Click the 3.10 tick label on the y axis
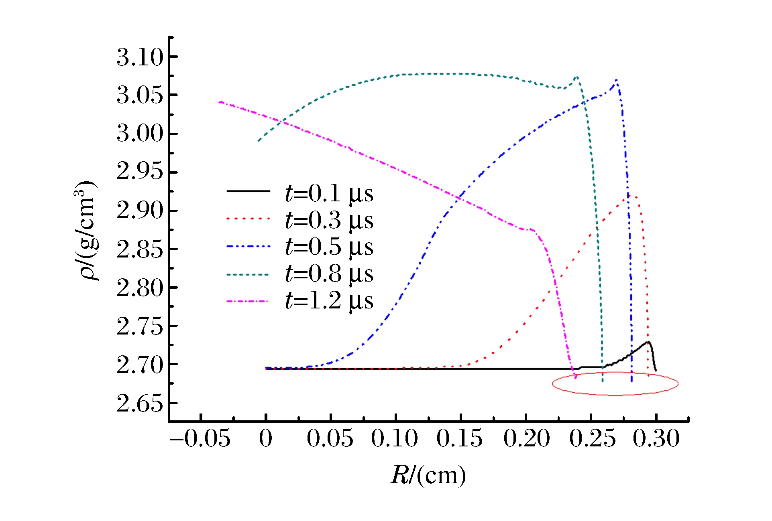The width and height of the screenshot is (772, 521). pyautogui.click(x=140, y=57)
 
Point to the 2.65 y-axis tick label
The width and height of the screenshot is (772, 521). pyautogui.click(x=140, y=403)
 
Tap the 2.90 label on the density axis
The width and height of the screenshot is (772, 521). pyautogui.click(x=140, y=211)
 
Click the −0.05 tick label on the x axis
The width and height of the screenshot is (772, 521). pyautogui.click(x=200, y=438)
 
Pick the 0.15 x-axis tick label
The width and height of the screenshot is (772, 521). pyautogui.click(x=460, y=438)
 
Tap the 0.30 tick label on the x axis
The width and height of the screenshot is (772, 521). pyautogui.click(x=656, y=438)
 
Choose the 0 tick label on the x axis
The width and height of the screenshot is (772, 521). pyautogui.click(x=266, y=438)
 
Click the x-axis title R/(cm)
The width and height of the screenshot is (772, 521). pyautogui.click(x=428, y=476)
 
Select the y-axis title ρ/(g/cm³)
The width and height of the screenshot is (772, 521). pyautogui.click(x=86, y=230)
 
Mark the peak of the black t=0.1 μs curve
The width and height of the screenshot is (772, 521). pyautogui.click(x=648, y=342)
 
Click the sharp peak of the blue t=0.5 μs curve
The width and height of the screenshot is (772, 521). pyautogui.click(x=616, y=80)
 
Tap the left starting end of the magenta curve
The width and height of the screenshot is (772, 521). pyautogui.click(x=220, y=102)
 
